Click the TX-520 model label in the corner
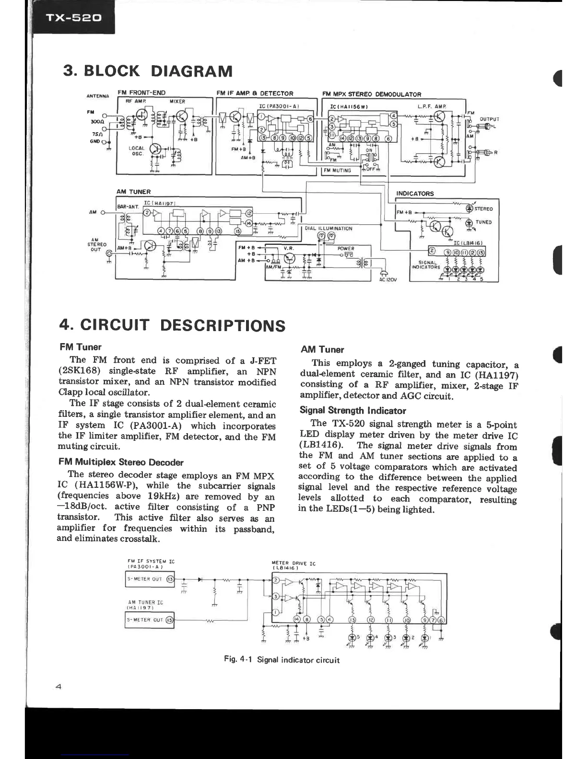73,18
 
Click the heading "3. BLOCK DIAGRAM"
148,71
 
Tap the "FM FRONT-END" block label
141,93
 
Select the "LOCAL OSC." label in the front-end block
137,151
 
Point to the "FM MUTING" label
337,170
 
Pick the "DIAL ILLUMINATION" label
329,229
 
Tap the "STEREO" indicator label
483,209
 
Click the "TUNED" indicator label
483,222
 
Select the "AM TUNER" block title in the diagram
133,192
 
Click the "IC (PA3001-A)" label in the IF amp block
279,106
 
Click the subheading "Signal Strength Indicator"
352,411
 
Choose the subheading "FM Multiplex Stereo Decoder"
121,462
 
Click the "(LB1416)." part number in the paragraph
321,446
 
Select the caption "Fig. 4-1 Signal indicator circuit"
282,660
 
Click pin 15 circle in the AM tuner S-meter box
169,620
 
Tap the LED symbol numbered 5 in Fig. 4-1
352,638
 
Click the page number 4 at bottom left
59,687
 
